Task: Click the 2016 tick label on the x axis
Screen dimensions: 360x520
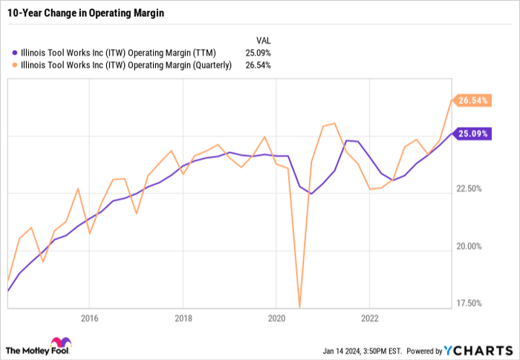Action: [x=89, y=318]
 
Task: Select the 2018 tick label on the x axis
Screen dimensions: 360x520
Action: [x=183, y=318]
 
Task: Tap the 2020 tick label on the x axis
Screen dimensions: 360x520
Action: [x=276, y=318]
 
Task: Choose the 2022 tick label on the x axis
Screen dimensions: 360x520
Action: [x=370, y=318]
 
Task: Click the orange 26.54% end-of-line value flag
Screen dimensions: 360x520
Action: [x=472, y=100]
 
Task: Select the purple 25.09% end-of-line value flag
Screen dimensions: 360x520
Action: [x=472, y=134]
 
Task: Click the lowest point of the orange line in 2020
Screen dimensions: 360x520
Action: [x=299, y=306]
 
